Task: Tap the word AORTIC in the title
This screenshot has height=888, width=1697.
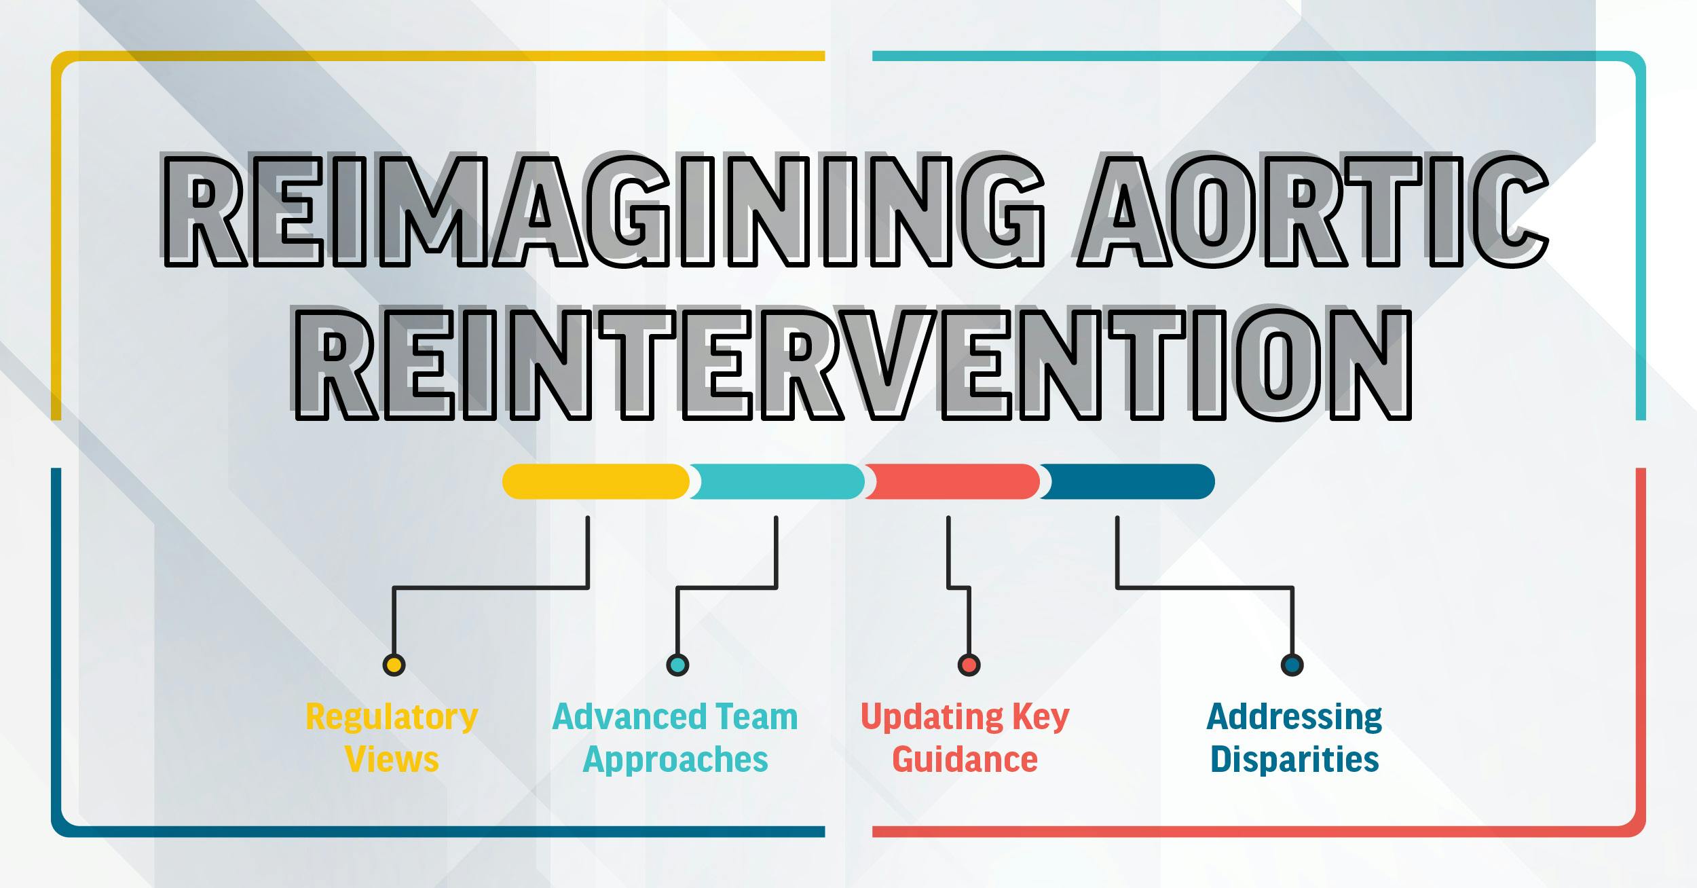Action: tap(1313, 210)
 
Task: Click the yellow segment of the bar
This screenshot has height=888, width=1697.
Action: tap(595, 481)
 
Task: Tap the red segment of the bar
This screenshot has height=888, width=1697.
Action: tap(952, 481)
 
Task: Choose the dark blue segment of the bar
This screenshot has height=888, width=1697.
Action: tap(1127, 481)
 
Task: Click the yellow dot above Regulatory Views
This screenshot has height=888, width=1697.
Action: tap(394, 664)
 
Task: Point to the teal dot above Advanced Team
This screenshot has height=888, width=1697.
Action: tap(677, 664)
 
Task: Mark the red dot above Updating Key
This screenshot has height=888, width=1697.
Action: tap(969, 664)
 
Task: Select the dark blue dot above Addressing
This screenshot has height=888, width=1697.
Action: tap(1292, 664)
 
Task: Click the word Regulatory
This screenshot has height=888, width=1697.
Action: tap(392, 718)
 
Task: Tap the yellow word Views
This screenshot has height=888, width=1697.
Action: tap(392, 759)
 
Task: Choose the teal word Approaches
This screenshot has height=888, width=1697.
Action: tap(675, 760)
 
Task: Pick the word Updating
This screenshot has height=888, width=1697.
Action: tap(932, 718)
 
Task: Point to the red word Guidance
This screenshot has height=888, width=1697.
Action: tap(965, 759)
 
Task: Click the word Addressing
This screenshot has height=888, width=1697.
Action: tap(1294, 718)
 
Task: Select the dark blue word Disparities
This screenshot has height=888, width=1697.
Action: tap(1294, 759)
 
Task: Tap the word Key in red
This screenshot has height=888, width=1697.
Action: tap(1041, 718)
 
